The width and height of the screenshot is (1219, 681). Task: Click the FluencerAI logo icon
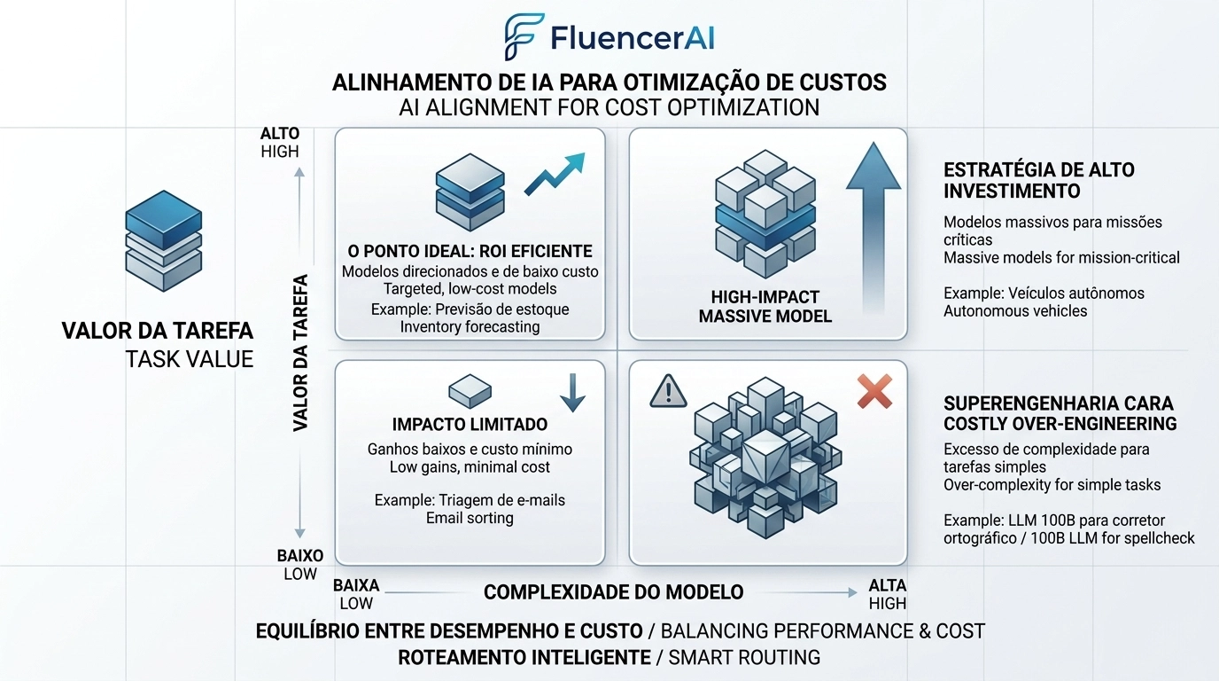click(x=523, y=37)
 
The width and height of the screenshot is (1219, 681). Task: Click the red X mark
click(x=875, y=391)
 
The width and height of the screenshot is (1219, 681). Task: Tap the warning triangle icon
click(x=668, y=390)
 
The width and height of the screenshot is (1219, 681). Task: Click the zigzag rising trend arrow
click(x=555, y=174)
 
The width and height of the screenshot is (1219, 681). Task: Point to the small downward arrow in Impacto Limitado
click(x=572, y=392)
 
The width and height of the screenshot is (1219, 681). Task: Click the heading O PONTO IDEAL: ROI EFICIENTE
click(x=470, y=251)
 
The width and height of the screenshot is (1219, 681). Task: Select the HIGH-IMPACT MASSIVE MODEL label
click(x=765, y=306)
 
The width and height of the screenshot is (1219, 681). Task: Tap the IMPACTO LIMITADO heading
click(x=470, y=425)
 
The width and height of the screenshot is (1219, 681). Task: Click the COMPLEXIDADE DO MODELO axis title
click(x=613, y=592)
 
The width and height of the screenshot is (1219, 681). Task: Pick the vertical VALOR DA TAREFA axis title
click(x=300, y=353)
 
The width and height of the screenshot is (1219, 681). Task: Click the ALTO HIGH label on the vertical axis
click(x=280, y=143)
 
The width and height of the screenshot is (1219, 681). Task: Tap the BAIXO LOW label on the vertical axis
click(x=300, y=565)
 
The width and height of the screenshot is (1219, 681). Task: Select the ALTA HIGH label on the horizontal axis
click(x=887, y=594)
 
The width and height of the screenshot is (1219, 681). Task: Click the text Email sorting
click(x=470, y=518)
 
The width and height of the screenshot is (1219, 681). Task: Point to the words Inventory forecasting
click(x=470, y=327)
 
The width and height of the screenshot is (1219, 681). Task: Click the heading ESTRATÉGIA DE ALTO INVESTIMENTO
click(x=1038, y=180)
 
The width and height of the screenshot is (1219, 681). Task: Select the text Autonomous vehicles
click(x=1015, y=311)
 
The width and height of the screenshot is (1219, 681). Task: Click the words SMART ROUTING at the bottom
click(x=744, y=658)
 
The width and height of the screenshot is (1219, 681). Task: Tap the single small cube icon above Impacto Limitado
click(x=470, y=390)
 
